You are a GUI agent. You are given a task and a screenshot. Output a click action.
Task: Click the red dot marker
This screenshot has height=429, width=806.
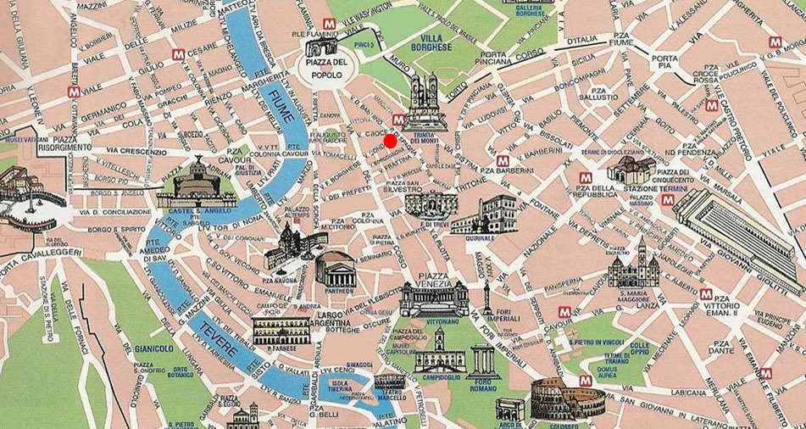[x=390, y=141]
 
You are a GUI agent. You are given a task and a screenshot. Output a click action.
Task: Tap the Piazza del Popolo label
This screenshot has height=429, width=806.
[x=326, y=69]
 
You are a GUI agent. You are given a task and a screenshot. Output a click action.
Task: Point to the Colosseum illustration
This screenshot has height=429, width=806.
[x=555, y=398]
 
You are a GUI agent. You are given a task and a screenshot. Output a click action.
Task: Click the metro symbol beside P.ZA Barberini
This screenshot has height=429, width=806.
[x=503, y=159]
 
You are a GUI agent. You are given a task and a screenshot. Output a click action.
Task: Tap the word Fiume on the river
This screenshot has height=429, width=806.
[x=280, y=105]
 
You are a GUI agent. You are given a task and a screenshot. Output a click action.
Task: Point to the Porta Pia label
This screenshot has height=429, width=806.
[x=664, y=63]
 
